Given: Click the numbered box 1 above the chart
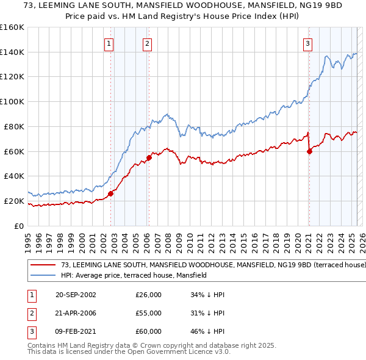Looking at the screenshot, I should click(109, 43).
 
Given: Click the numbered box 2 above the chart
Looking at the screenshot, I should click(148, 43).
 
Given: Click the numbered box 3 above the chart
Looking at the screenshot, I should click(308, 43).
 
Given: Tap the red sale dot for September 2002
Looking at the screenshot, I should click(111, 193).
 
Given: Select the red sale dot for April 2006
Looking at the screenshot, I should click(149, 157).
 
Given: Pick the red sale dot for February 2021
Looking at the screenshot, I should click(309, 151).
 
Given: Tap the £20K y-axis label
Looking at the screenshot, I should click(15, 201).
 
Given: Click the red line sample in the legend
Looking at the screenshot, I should click(43, 265).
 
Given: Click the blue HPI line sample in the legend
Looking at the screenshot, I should click(43, 275).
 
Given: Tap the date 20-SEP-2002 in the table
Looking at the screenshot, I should click(76, 295).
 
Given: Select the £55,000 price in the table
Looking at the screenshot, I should click(148, 313).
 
